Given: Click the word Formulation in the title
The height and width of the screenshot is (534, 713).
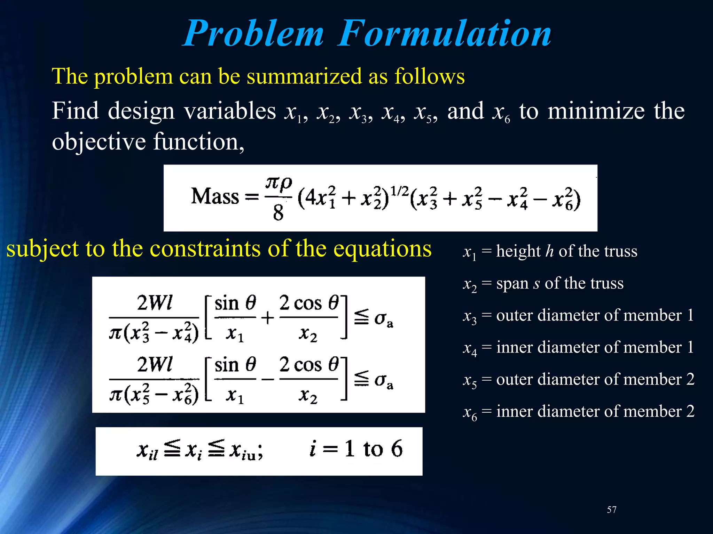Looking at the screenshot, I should [x=445, y=34].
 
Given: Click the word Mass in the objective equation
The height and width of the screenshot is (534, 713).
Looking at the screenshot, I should [x=215, y=197].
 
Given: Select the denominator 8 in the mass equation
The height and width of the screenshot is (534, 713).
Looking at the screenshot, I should [x=278, y=213].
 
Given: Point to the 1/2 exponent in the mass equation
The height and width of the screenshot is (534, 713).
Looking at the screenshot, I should [x=399, y=191].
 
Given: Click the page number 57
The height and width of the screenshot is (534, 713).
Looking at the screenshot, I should [x=612, y=510].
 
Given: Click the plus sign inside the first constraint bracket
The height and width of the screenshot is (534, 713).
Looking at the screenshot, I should [x=267, y=318].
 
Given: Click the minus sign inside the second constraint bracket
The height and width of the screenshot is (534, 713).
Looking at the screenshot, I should [x=267, y=379].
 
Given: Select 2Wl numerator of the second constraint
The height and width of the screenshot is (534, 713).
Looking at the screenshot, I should [x=154, y=365].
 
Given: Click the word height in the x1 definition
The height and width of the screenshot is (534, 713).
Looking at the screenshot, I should [x=518, y=251].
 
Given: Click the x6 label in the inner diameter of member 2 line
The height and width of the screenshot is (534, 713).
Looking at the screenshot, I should [x=470, y=413].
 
